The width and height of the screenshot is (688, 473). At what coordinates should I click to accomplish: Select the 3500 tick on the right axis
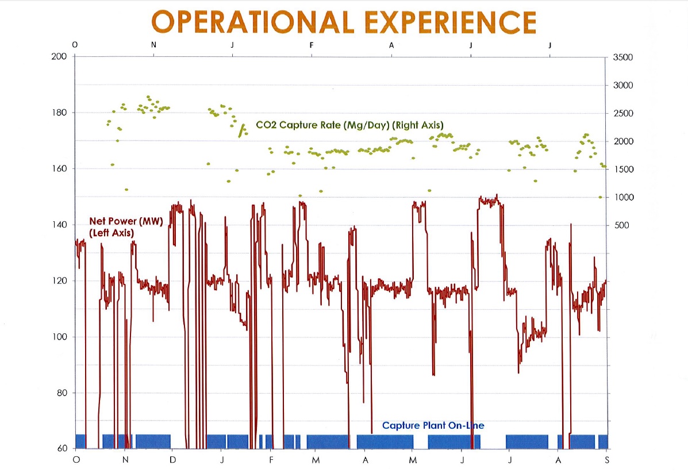pyautogui.click(x=624, y=57)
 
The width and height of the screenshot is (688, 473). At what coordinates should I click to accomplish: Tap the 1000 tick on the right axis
pyautogui.click(x=624, y=198)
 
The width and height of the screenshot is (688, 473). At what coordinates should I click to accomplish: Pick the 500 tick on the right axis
pyautogui.click(x=622, y=226)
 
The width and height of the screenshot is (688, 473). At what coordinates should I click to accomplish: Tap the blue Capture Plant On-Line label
pyautogui.click(x=433, y=426)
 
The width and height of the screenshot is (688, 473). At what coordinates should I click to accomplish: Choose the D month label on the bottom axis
pyautogui.click(x=173, y=460)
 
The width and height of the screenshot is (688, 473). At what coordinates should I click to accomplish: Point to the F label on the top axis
pyautogui.click(x=312, y=45)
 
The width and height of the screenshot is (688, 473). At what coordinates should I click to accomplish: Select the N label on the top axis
pyautogui.click(x=153, y=45)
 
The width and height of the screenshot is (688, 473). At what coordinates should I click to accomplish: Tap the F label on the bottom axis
pyautogui.click(x=271, y=460)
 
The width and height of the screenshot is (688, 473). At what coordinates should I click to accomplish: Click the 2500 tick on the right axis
pyautogui.click(x=624, y=114)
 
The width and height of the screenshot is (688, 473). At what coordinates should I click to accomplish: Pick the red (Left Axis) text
pyautogui.click(x=112, y=233)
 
